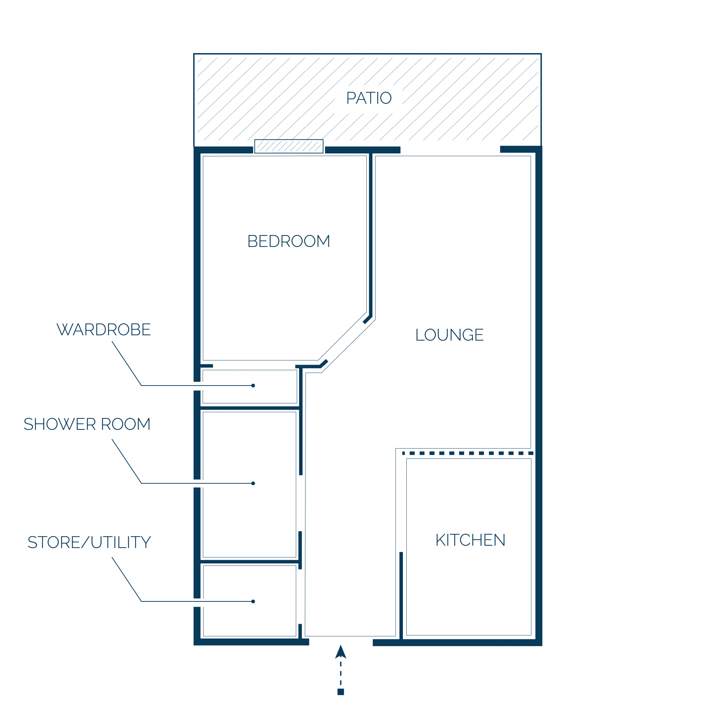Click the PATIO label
(369, 98)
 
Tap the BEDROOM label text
(289, 241)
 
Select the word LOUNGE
(450, 335)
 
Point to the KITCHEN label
(470, 540)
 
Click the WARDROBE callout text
(104, 330)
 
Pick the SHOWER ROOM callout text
(87, 424)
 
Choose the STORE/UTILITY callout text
(89, 542)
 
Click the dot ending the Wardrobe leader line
(253, 386)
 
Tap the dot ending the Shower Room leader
(253, 483)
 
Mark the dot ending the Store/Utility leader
(253, 601)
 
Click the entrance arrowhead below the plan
(341, 652)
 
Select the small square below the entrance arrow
(341, 692)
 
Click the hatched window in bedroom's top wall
(289, 146)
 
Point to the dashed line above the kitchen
(468, 453)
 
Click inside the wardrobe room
(250, 387)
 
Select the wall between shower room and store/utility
(250, 561)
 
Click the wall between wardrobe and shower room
(250, 408)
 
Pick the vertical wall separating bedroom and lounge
(371, 235)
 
